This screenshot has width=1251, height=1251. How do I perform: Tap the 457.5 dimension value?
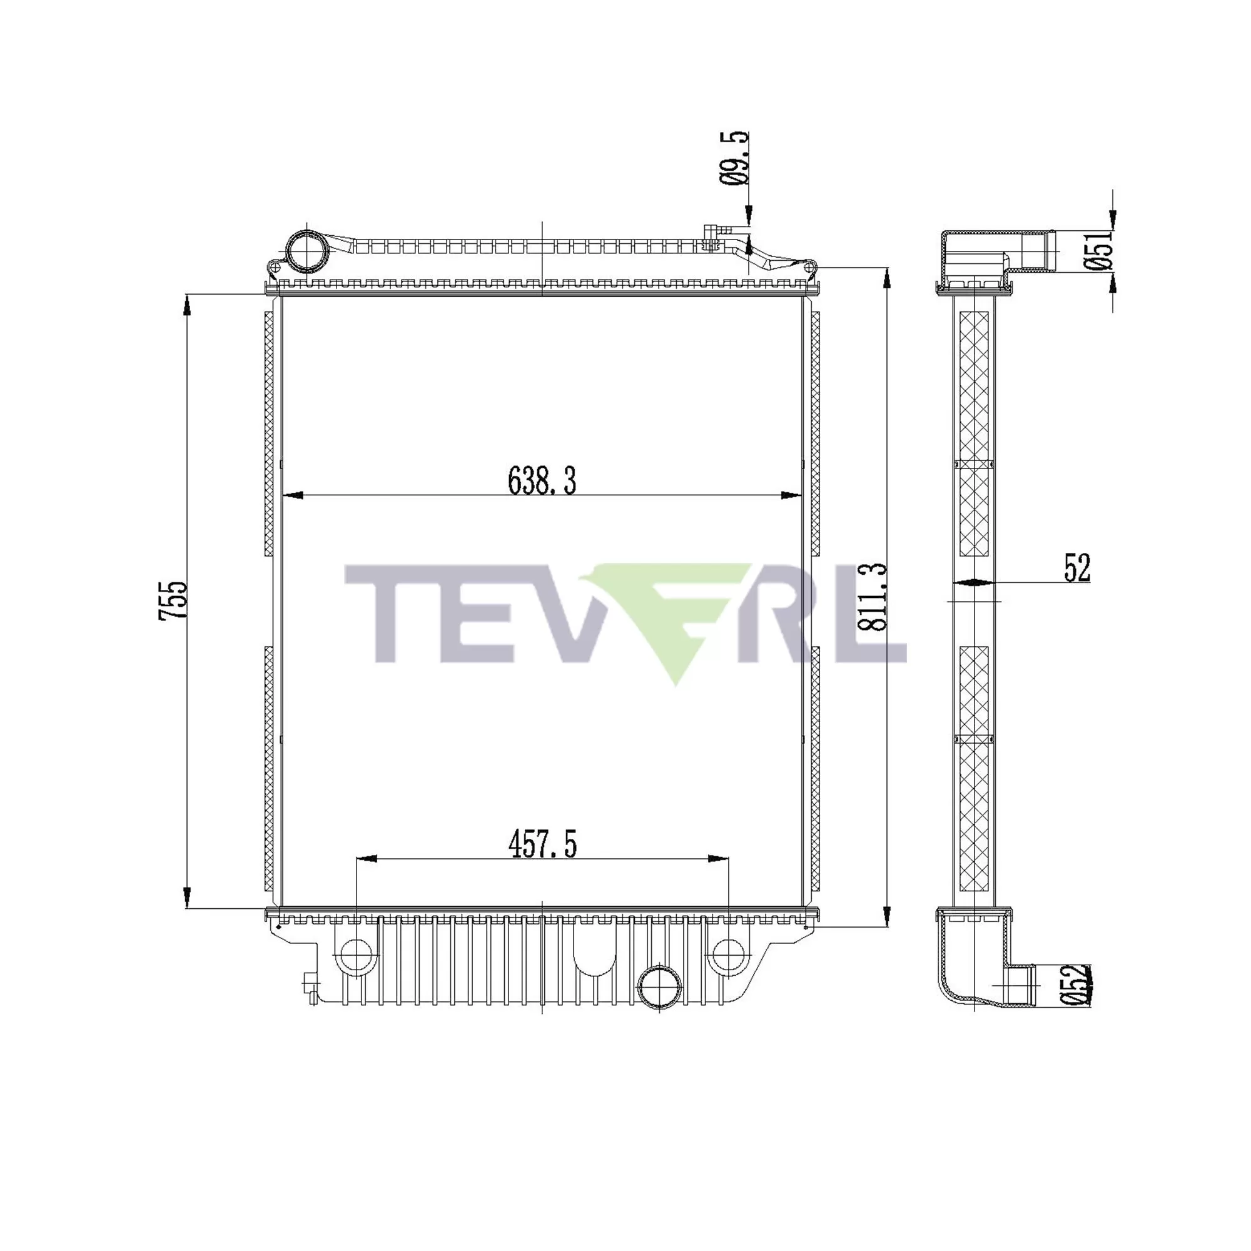click(x=542, y=845)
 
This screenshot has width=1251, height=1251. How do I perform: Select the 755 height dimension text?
click(x=173, y=600)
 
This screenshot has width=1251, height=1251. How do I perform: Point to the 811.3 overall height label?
click(x=871, y=596)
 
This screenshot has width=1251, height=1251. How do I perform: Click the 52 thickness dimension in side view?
click(x=1077, y=568)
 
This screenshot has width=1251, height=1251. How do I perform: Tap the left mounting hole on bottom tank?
click(x=355, y=955)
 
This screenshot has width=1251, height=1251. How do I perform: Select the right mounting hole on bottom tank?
click(x=728, y=955)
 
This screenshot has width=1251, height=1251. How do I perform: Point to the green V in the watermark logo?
click(x=674, y=622)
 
